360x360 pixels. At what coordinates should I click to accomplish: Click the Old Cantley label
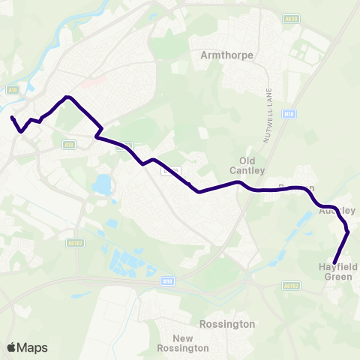pos(252,165)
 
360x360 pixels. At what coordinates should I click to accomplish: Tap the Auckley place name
pos(336,211)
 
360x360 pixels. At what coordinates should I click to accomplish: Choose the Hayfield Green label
pos(337,271)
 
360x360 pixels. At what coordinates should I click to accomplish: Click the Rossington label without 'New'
pos(228,324)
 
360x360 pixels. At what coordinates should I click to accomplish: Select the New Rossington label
pos(184,343)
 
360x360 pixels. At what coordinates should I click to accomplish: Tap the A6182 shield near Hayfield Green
pos(292,285)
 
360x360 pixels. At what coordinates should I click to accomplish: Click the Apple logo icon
pos(10,347)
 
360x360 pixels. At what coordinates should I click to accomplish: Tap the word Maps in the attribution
pos(32,347)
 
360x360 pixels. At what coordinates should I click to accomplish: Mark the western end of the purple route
pos(12,118)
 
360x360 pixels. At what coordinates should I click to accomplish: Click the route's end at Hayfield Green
pos(334,262)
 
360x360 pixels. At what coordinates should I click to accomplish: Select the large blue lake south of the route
pos(101,183)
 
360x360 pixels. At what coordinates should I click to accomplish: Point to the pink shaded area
pos(88,83)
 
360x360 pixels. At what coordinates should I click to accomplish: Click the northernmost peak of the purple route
pos(67,97)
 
